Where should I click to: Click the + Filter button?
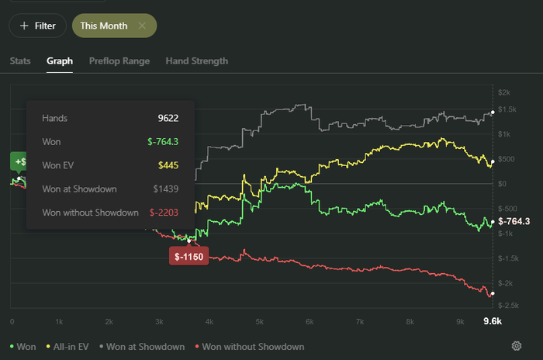point(37,26)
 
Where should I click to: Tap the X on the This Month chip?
point(142,26)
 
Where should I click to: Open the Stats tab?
point(20,61)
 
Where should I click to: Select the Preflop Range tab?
point(119,61)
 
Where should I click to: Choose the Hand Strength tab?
point(197,61)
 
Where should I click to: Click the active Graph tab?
point(60,61)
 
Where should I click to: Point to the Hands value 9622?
point(168,118)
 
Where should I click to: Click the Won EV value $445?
point(168,165)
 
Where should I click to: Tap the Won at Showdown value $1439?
point(166,189)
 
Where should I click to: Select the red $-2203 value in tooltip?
point(164,213)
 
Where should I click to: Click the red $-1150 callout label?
point(188,256)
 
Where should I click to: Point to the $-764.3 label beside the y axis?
point(514,221)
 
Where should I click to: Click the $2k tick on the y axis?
point(504,92)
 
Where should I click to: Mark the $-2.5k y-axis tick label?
point(508,305)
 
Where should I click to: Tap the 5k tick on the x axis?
point(259,321)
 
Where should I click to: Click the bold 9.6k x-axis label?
point(493,321)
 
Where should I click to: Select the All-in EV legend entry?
point(67,347)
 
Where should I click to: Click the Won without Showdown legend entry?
point(250,347)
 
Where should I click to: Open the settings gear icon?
point(517,346)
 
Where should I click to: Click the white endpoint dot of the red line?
point(493,293)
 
